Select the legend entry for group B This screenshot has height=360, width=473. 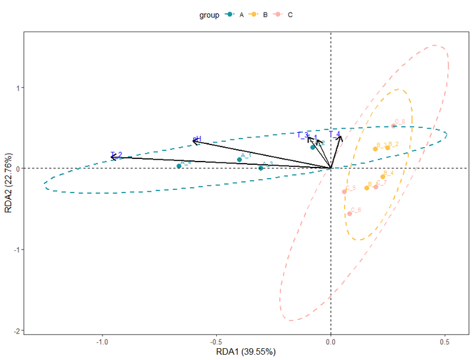259,14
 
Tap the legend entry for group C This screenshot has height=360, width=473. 284,14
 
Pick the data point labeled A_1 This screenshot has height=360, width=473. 239,160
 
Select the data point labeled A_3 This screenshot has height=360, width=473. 261,168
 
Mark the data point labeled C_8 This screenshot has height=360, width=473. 394,126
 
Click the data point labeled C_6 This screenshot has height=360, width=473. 349,214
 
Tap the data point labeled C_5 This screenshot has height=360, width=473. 344,192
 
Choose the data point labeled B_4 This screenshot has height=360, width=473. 383,177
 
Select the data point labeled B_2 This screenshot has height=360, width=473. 388,148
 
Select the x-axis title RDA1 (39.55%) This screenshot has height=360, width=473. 246,352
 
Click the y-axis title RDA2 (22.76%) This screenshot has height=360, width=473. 7,184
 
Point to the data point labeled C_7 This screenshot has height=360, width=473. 376,187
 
